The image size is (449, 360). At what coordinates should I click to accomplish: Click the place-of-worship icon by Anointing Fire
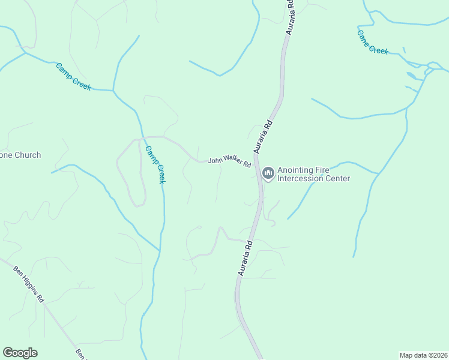pyautogui.click(x=268, y=173)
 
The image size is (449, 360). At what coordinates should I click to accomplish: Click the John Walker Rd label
pyautogui.click(x=229, y=162)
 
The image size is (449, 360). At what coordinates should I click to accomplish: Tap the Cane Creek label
pyautogui.click(x=373, y=41)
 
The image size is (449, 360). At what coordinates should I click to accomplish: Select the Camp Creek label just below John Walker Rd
pyautogui.click(x=154, y=165)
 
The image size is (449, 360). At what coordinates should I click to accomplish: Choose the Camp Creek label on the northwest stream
pyautogui.click(x=73, y=77)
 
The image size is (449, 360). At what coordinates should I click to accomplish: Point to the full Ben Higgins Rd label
pyautogui.click(x=29, y=283)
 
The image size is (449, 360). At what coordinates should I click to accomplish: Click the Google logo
pyautogui.click(x=20, y=353)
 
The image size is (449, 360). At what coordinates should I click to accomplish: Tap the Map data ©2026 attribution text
pyautogui.click(x=423, y=355)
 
